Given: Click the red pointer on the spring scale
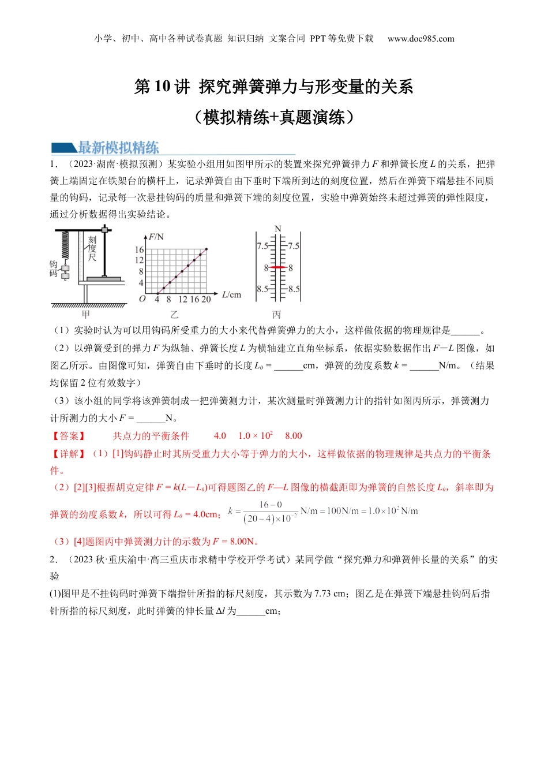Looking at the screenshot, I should pos(278,267).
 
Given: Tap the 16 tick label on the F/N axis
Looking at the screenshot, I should pos(139,250).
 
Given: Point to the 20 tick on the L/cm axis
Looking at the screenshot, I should pos(206,300).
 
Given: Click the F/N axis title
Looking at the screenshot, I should pos(156,237).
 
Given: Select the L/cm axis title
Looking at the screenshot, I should pos(231,295).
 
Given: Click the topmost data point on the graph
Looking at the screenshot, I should pos(206,249).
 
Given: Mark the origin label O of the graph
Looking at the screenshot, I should pos(142,299).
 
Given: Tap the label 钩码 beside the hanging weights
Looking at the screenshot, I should pos(54,268).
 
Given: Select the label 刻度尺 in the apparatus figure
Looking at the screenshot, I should pos(92,248).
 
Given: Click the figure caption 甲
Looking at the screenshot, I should pos(86,315).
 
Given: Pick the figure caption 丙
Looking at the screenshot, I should pos(277,315).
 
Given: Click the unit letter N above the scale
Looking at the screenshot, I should pos(278,229).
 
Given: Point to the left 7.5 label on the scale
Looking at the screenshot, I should pos(262,246).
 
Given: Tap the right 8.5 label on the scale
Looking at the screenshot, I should pos(294,289).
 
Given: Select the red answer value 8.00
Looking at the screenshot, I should pos(293,436).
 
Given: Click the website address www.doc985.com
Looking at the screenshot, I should pos(421,39).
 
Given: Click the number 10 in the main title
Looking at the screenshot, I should pos(162,87).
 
